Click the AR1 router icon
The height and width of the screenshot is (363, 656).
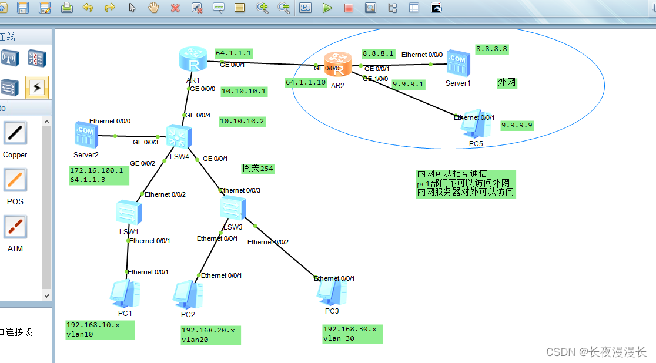coord(193,60)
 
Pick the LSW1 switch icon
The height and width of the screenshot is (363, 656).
coord(129,213)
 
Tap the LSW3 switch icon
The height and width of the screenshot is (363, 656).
coord(233,209)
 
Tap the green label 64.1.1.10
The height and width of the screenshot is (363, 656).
coord(306,83)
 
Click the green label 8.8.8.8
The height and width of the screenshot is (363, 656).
coord(491,49)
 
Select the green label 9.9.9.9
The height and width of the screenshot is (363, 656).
coord(517,125)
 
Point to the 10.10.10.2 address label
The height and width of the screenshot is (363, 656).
coord(242,122)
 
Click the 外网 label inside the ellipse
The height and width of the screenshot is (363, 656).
coord(507,83)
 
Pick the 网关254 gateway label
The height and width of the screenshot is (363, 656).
coord(257,169)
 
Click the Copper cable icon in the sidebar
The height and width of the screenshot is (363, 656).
coord(15,134)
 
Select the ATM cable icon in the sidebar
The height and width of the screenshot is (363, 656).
coord(15,227)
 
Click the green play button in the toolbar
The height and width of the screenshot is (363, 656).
coord(327,8)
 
